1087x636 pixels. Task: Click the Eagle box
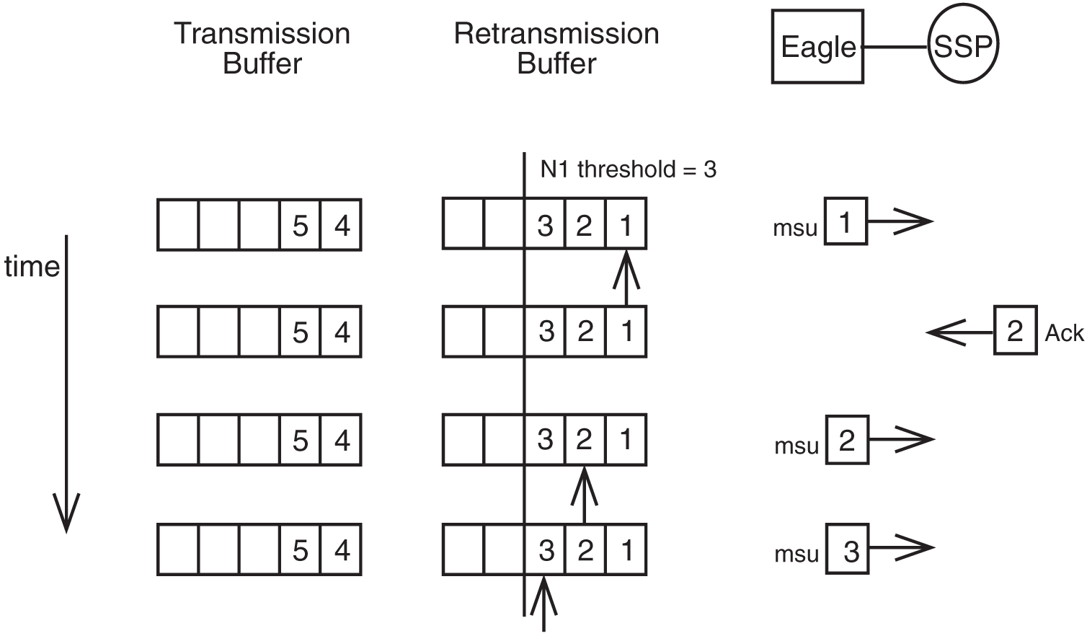(x=817, y=47)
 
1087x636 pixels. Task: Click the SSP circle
(x=962, y=47)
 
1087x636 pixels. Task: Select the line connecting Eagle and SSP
(x=895, y=48)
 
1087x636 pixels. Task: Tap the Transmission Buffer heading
(x=262, y=48)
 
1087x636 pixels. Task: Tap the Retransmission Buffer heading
(x=556, y=48)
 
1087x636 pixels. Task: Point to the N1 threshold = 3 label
(x=628, y=169)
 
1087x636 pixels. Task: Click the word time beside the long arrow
(x=32, y=267)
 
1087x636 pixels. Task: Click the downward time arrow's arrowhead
(x=66, y=515)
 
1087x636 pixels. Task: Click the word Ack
(x=1064, y=333)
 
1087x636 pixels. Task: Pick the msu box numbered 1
(x=846, y=221)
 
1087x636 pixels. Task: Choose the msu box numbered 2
(x=847, y=439)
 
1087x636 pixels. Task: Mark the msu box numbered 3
(x=848, y=549)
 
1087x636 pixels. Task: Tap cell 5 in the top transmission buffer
(x=300, y=226)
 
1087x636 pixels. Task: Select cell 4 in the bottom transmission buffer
(x=341, y=550)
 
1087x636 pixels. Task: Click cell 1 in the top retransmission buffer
(x=625, y=225)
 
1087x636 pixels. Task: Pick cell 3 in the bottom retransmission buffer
(x=546, y=550)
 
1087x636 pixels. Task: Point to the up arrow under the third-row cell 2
(x=584, y=495)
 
